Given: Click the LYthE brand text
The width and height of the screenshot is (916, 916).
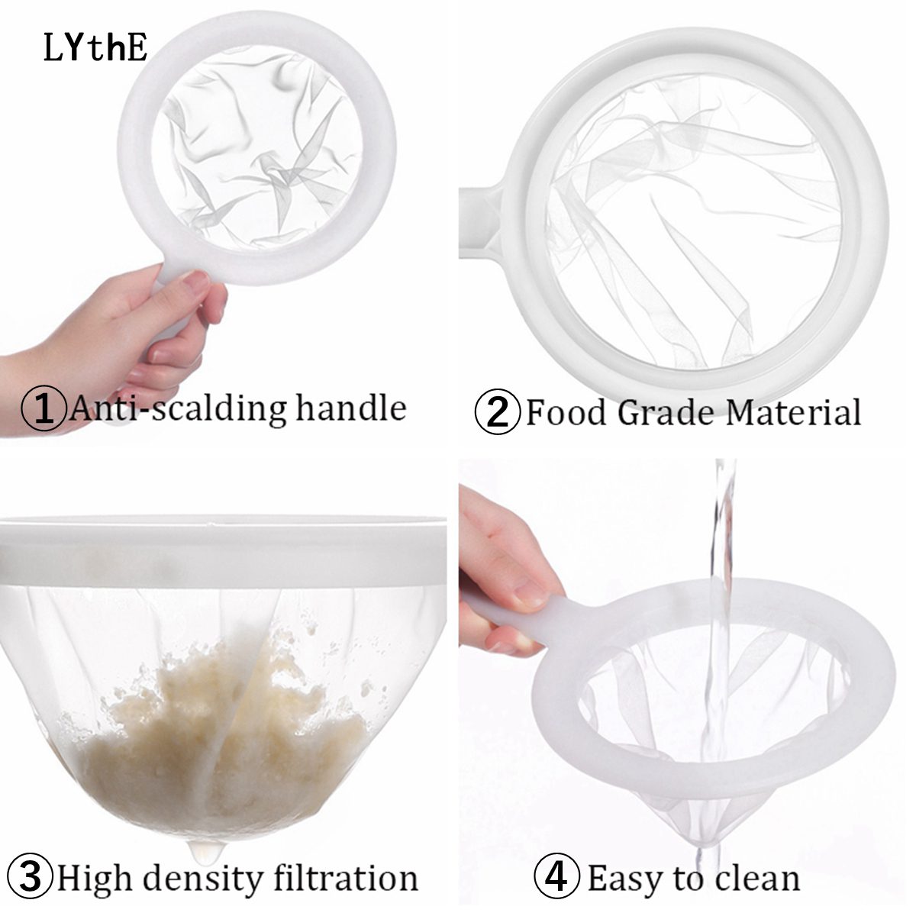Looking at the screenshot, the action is pos(95,47).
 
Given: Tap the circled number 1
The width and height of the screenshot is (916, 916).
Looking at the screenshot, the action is pos(44,408).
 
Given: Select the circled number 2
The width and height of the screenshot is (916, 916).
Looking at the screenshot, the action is pos(498,411).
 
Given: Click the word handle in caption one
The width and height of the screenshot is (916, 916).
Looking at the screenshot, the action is pos(351,408).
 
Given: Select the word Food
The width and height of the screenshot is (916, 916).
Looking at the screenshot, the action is pos(566,411).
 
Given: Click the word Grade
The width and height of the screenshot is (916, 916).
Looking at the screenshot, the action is pos(662,411).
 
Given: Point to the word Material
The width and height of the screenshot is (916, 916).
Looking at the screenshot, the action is pos(787,411).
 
